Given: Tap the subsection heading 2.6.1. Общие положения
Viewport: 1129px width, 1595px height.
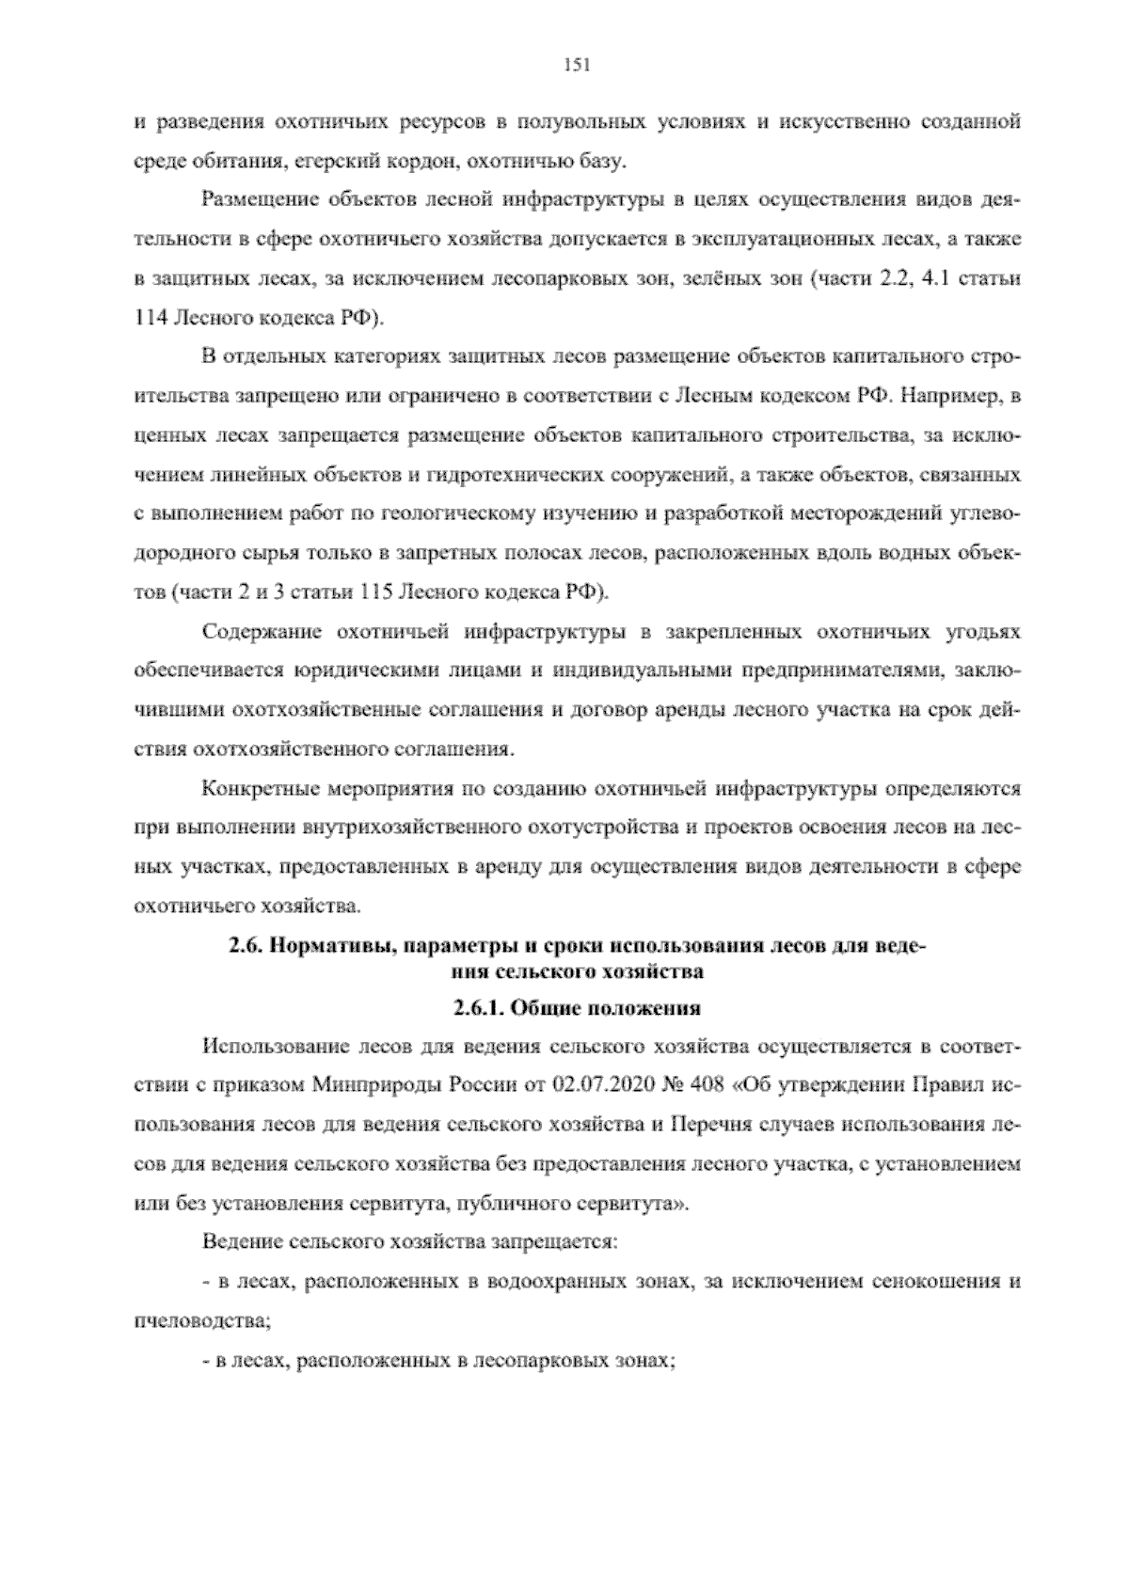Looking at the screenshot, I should [x=576, y=1008].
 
